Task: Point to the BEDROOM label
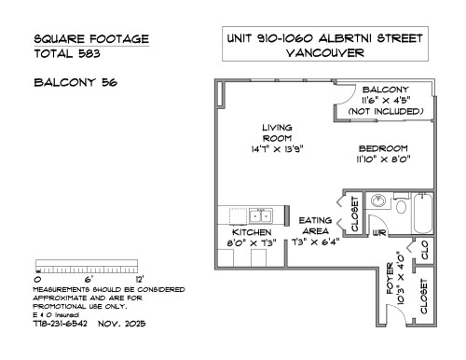pos(382,148)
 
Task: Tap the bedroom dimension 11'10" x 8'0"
pos(382,159)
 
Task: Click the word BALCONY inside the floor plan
pos(384,90)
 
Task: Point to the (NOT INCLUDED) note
pos(384,111)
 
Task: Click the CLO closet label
pos(425,249)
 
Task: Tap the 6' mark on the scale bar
pos(89,279)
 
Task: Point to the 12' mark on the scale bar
pos(139,279)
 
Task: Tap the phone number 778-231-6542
pos(61,325)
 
